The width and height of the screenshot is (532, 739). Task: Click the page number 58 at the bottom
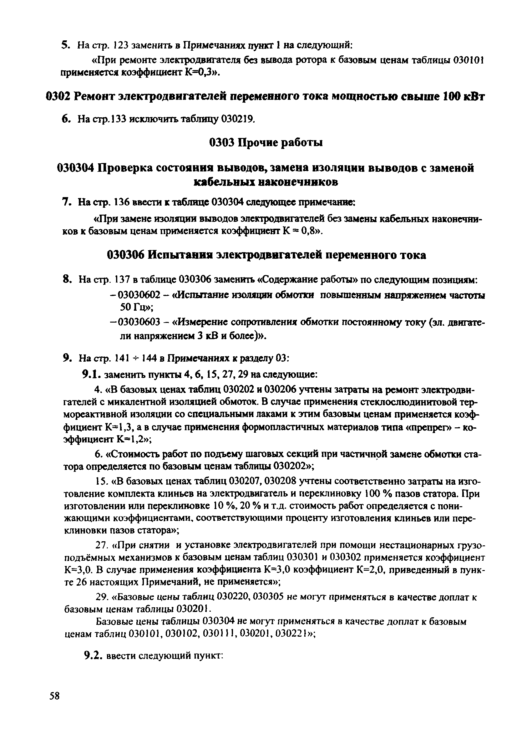pyautogui.click(x=54, y=697)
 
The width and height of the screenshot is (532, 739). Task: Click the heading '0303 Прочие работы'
pyautogui.click(x=266, y=143)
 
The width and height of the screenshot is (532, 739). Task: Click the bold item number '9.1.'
pyautogui.click(x=92, y=375)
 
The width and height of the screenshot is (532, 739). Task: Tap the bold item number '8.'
pyautogui.click(x=67, y=280)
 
